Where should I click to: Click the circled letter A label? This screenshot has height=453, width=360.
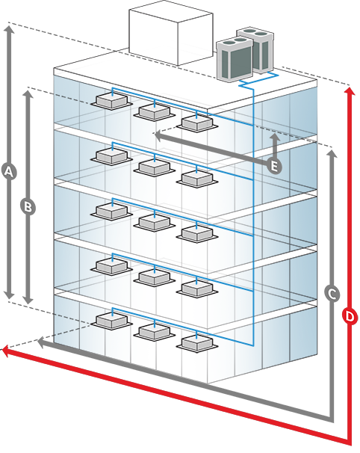pos(9,172)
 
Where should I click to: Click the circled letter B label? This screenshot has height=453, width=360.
pos(28,207)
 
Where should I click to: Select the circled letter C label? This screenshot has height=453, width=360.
pos(332,294)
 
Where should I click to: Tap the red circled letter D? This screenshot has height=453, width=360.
pos(350,316)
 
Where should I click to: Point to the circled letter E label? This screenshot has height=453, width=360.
pos(274,166)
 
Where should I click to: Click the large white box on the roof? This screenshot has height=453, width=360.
pos(171,36)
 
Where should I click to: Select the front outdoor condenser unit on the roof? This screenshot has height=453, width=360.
pos(235,60)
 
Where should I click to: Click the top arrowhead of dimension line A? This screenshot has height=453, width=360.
pos(9,29)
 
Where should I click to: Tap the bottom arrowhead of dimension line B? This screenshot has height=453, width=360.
pos(28,300)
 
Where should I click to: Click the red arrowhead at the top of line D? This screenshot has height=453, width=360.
pos(350,90)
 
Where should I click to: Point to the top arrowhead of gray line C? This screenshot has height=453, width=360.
pos(332,154)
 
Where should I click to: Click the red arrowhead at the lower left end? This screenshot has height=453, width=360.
pos(7,351)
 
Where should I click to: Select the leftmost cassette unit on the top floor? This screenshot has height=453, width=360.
pos(111,101)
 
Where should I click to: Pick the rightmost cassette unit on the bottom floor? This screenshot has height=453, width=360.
pos(197,344)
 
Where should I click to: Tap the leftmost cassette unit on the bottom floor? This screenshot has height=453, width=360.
pos(111,321)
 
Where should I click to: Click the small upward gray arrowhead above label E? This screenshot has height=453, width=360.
pos(276,137)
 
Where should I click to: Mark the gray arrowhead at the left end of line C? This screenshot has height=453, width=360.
pos(42,342)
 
